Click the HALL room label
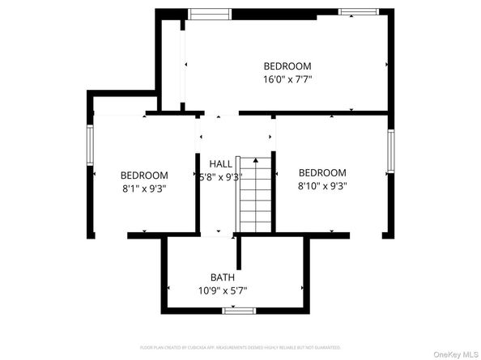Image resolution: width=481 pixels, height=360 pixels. pyautogui.click(x=220, y=163)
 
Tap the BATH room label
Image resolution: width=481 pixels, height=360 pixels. pyautogui.click(x=222, y=277)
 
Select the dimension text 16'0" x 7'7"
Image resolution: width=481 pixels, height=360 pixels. pyautogui.click(x=287, y=79)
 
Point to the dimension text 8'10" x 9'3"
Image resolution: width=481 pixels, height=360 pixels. pyautogui.click(x=322, y=185)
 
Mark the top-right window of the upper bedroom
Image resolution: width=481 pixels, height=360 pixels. pyautogui.click(x=358, y=11)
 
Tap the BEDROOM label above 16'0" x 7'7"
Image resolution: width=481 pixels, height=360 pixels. pyautogui.click(x=287, y=66)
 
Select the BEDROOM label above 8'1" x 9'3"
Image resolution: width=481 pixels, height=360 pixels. pyautogui.click(x=144, y=176)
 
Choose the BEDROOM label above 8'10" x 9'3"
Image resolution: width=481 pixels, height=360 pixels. pyautogui.click(x=322, y=172)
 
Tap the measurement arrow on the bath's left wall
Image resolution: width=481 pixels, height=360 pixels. pyautogui.click(x=168, y=289)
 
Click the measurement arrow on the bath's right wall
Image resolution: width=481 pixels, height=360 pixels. pyautogui.click(x=303, y=289)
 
